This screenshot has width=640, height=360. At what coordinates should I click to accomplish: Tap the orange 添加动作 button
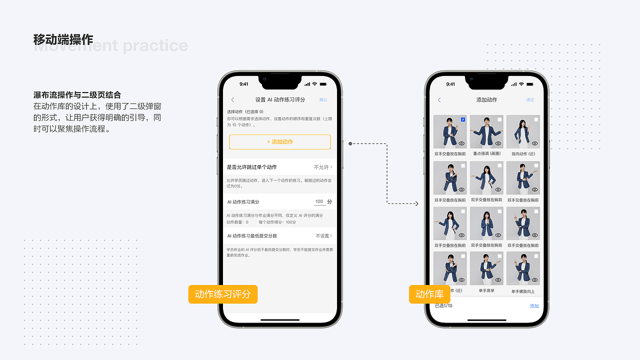click(280, 142)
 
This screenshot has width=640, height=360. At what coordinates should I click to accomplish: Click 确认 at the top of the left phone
click(323, 100)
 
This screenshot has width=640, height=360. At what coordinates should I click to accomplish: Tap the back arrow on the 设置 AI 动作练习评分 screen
click(232, 100)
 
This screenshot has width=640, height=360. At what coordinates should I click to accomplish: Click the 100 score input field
click(319, 202)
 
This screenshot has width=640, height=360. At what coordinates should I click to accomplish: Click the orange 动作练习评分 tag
click(222, 294)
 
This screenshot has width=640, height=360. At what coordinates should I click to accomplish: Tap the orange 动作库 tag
click(429, 294)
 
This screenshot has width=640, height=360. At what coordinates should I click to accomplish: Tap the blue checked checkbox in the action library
click(463, 119)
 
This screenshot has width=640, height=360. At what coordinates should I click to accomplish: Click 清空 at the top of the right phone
click(530, 100)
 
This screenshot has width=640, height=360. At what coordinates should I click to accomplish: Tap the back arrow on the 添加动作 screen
click(439, 100)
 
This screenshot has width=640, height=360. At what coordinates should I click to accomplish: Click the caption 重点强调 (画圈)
click(486, 153)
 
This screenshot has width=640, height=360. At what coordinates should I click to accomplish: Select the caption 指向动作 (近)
click(523, 153)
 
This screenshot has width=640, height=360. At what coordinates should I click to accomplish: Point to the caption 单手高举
click(486, 291)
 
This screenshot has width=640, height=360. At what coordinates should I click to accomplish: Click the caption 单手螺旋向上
click(523, 291)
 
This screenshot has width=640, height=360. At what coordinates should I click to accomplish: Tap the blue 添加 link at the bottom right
click(534, 306)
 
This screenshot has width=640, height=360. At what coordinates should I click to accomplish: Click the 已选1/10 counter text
click(443, 306)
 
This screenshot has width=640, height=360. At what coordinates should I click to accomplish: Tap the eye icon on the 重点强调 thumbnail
click(498, 143)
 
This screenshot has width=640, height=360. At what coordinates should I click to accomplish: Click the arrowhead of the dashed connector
click(416, 203)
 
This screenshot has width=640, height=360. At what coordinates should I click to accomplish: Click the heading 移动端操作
click(63, 39)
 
